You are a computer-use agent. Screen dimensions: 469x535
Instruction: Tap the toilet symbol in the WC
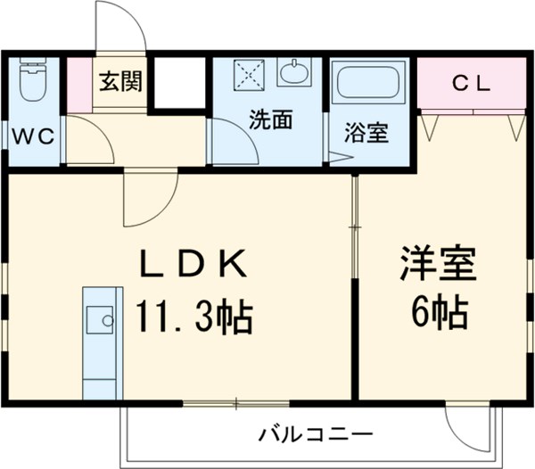33,82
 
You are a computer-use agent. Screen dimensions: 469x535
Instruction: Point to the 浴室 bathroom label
368,135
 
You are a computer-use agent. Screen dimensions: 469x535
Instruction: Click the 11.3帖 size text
193,314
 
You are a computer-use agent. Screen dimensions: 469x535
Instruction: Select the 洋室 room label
443,263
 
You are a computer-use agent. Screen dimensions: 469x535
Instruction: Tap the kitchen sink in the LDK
100,318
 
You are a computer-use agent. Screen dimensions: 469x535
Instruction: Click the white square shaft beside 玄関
179,83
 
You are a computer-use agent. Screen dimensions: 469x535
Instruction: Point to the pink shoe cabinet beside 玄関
79,85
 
